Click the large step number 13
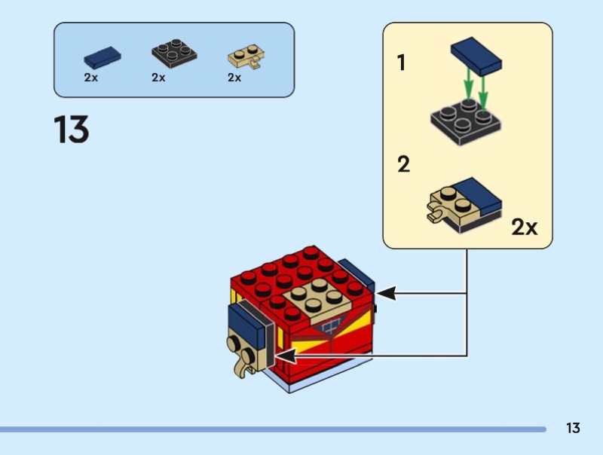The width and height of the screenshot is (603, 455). click(x=72, y=130)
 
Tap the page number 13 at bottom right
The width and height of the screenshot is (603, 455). click(x=573, y=429)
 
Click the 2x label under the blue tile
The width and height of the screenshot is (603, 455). click(x=91, y=78)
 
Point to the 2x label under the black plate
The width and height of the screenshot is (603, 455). click(x=158, y=78)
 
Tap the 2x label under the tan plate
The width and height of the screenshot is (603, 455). click(x=234, y=78)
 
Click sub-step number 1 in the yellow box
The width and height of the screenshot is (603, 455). click(x=402, y=63)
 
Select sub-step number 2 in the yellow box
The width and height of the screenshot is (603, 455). click(x=404, y=164)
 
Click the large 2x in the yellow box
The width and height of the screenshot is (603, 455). click(x=525, y=227)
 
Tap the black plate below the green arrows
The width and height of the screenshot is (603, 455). click(x=467, y=120)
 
